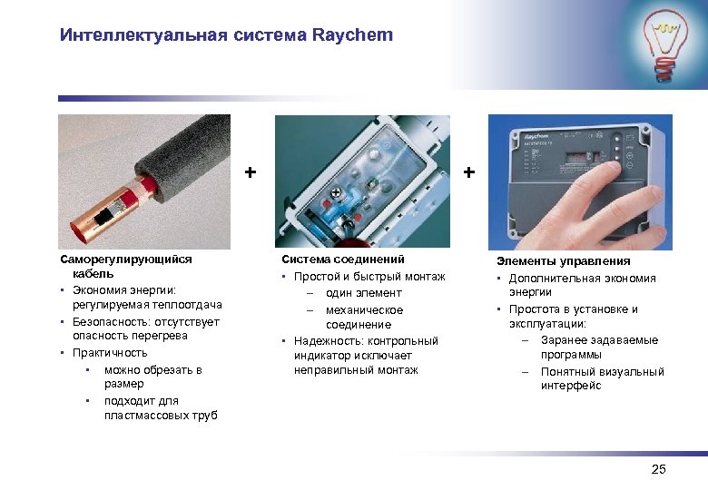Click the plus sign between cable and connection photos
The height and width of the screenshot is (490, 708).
pyautogui.click(x=251, y=171)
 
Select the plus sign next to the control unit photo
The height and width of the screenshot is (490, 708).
pyautogui.click(x=468, y=171)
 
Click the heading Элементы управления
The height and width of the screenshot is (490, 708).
pyautogui.click(x=559, y=261)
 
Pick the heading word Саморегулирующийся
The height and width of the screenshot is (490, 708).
pyautogui.click(x=126, y=259)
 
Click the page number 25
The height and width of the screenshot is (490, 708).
pyautogui.click(x=658, y=469)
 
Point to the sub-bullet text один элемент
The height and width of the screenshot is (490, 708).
pyautogui.click(x=364, y=293)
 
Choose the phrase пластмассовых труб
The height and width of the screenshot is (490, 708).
pyautogui.click(x=161, y=416)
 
